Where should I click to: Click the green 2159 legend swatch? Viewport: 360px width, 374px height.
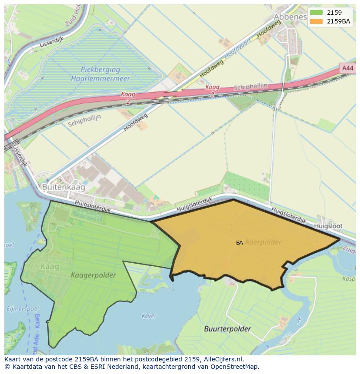pyautogui.click(x=317, y=13)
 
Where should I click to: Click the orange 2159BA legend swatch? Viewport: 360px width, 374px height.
pyautogui.click(x=317, y=21)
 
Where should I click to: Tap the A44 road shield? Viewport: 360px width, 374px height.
pyautogui.click(x=347, y=68)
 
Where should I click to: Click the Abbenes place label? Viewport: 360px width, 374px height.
pyautogui.click(x=290, y=17)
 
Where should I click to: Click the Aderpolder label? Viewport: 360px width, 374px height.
pyautogui.click(x=263, y=242)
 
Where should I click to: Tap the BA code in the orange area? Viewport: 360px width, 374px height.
pyautogui.click(x=240, y=243)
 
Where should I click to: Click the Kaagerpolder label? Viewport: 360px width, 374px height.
pyautogui.click(x=93, y=275)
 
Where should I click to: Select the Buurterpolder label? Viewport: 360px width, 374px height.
pyautogui.click(x=227, y=329)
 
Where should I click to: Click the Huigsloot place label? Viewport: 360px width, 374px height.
pyautogui.click(x=328, y=226)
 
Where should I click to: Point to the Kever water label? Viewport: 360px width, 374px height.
pyautogui.click(x=149, y=316)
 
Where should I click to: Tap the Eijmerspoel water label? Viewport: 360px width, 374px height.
pyautogui.click(x=17, y=309)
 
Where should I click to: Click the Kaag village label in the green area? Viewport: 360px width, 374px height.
pyautogui.click(x=49, y=266)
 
